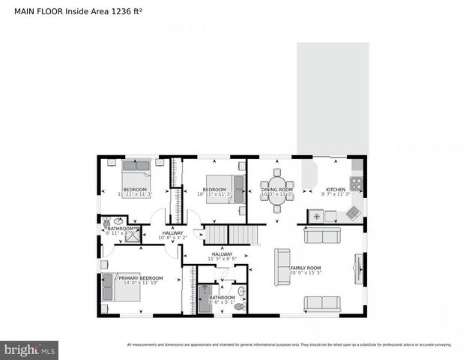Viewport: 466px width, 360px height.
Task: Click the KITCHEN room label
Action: pyautogui.click(x=335, y=190)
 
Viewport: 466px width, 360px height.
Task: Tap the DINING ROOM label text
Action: pyautogui.click(x=276, y=190)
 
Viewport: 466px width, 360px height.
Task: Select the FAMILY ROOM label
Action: pyautogui.click(x=306, y=268)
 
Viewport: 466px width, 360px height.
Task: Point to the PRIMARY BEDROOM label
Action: pyautogui.click(x=141, y=277)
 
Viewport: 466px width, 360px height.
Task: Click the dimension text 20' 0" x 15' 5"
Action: pyautogui.click(x=306, y=273)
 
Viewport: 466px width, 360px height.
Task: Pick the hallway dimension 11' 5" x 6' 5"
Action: pyautogui.click(x=222, y=259)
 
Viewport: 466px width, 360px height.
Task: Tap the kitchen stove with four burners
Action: pyautogui.click(x=357, y=183)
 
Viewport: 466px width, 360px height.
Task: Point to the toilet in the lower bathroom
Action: pyautogui.click(x=240, y=306)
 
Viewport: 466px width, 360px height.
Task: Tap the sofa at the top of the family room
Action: pyautogui.click(x=321, y=235)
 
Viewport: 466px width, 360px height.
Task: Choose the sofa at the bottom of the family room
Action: pyautogui.click(x=321, y=304)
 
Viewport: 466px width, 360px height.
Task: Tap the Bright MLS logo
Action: pyautogui.click(x=30, y=349)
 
